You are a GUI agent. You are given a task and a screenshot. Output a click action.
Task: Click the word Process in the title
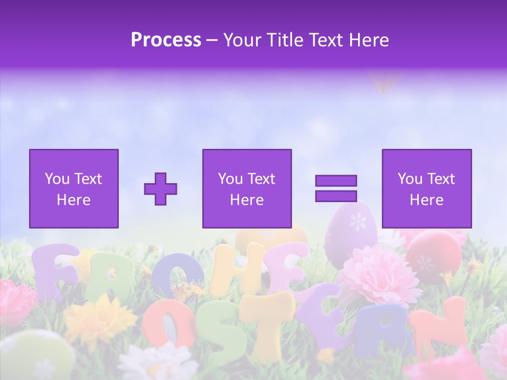click(x=166, y=40)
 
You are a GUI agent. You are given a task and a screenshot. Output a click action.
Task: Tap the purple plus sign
click(x=161, y=188)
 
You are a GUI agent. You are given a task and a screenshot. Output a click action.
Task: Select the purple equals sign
click(x=336, y=188)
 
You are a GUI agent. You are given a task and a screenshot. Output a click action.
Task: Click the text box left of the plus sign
click(x=73, y=188)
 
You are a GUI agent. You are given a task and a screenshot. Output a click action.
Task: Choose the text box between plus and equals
click(x=247, y=188)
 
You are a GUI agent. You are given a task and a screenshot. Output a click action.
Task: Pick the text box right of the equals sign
click(x=426, y=188)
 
